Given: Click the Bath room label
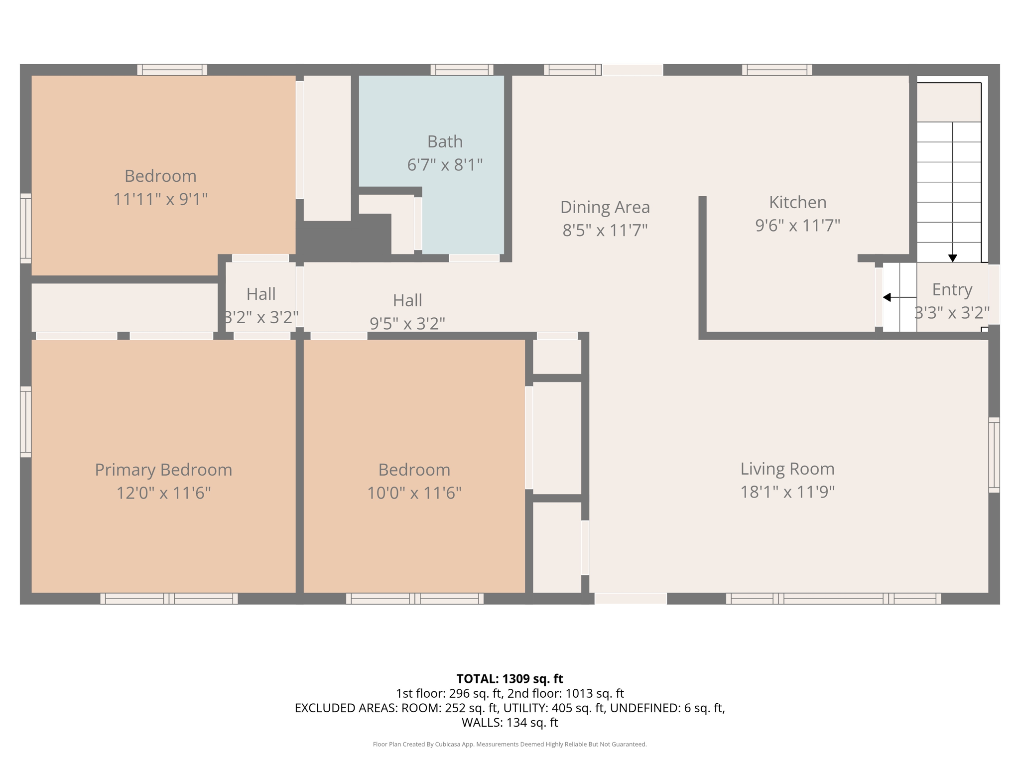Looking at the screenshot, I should pyautogui.click(x=445, y=141).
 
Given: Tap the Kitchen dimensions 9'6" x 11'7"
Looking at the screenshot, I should pyautogui.click(x=797, y=225).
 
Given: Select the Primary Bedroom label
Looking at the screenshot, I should pyautogui.click(x=163, y=470).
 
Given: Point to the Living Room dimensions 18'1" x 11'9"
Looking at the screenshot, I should pyautogui.click(x=787, y=492).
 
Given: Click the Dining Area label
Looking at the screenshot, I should pyautogui.click(x=605, y=207).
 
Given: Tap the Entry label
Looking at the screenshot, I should pyautogui.click(x=952, y=289).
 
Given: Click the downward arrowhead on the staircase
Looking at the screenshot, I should pyautogui.click(x=952, y=258).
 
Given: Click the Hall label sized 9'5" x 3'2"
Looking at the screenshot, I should pyautogui.click(x=407, y=300).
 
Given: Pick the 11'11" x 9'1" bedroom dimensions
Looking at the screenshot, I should pyautogui.click(x=160, y=199).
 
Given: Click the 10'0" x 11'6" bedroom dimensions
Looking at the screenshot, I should pyautogui.click(x=414, y=493).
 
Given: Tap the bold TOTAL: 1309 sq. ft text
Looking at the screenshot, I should pyautogui.click(x=510, y=679).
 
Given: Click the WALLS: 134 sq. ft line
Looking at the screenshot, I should pyautogui.click(x=510, y=722).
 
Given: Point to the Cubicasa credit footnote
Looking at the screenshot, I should pyautogui.click(x=510, y=744).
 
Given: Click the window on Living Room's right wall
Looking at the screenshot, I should pyautogui.click(x=994, y=455).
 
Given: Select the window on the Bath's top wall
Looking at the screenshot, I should pyautogui.click(x=462, y=70).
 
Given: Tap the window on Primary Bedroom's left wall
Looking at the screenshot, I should pyautogui.click(x=25, y=421).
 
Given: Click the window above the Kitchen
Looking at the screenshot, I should pyautogui.click(x=776, y=70).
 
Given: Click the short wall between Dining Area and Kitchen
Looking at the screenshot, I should pyautogui.click(x=702, y=264).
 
